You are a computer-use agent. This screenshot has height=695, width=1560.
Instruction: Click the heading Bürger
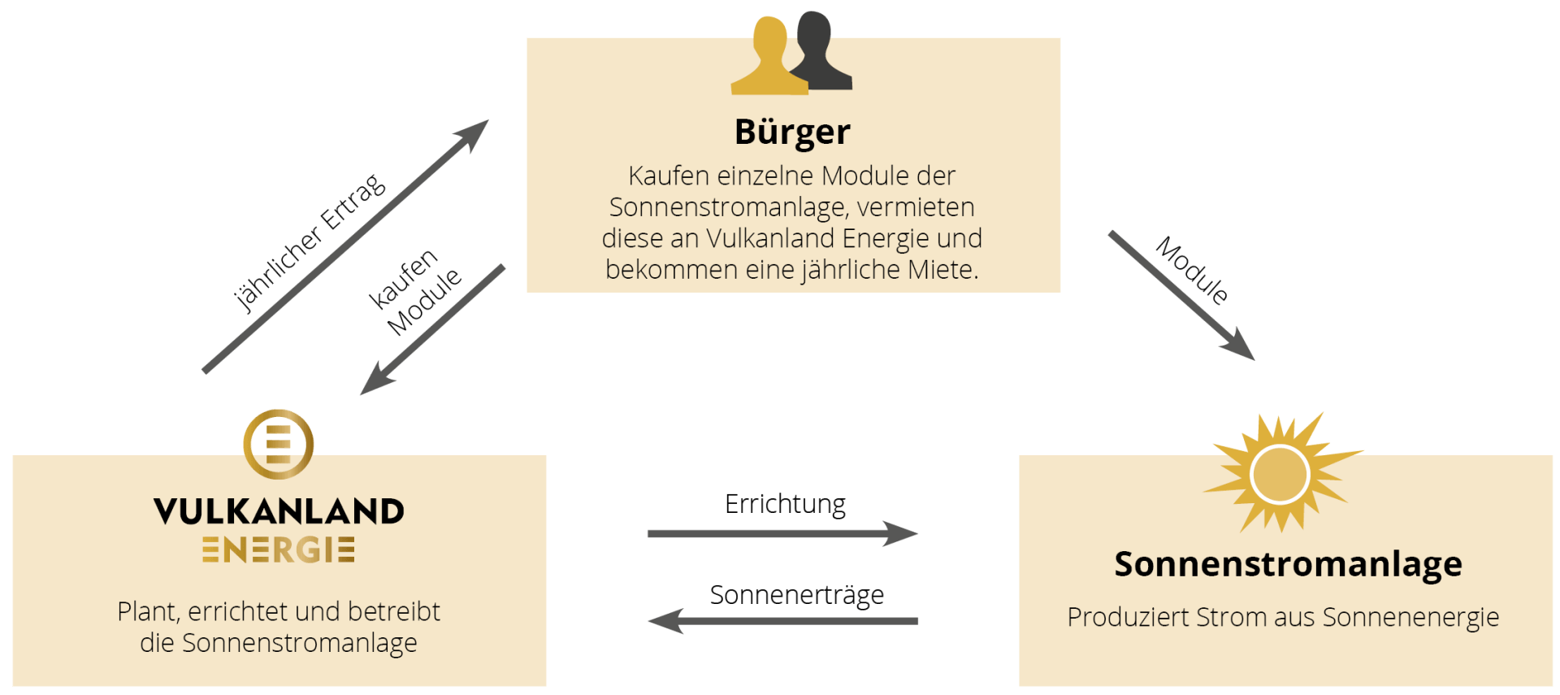coord(792,132)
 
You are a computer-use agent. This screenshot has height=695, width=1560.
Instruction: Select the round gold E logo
coord(279,444)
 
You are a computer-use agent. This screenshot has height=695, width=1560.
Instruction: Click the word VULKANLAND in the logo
coord(279,511)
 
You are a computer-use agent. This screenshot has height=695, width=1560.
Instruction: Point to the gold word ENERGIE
coord(279,550)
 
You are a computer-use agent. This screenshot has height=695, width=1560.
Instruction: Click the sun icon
coord(1280,474)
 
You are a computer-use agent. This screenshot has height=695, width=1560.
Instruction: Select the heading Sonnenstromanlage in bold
coord(1288,564)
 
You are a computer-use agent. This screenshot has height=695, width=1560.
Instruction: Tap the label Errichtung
coord(785,504)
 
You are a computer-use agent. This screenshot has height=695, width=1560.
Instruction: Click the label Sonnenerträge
coord(796,595)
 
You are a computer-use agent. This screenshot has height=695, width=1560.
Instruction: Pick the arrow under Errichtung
coord(782,534)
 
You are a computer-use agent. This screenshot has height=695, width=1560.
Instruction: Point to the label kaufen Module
coord(414,293)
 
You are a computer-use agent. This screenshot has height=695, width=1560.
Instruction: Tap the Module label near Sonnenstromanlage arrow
coord(1192,271)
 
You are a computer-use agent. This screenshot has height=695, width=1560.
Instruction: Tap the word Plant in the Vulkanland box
coord(147,611)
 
